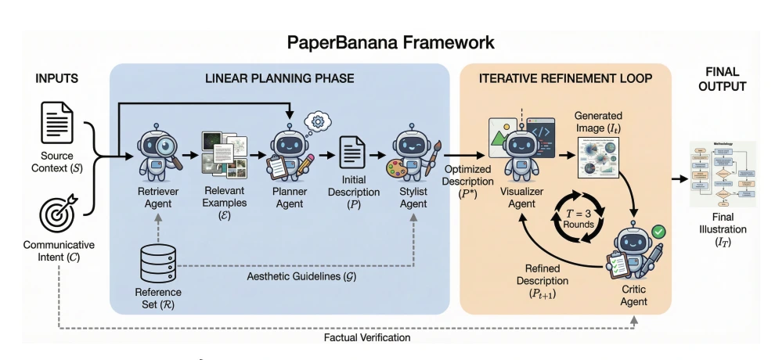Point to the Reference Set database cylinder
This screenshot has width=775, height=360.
coord(157,263)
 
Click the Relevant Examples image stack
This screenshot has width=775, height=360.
coord(223,153)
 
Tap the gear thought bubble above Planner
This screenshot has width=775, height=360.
coord(318,122)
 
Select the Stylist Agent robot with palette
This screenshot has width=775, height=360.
coord(413,153)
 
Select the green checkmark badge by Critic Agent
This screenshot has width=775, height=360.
coord(658,232)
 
